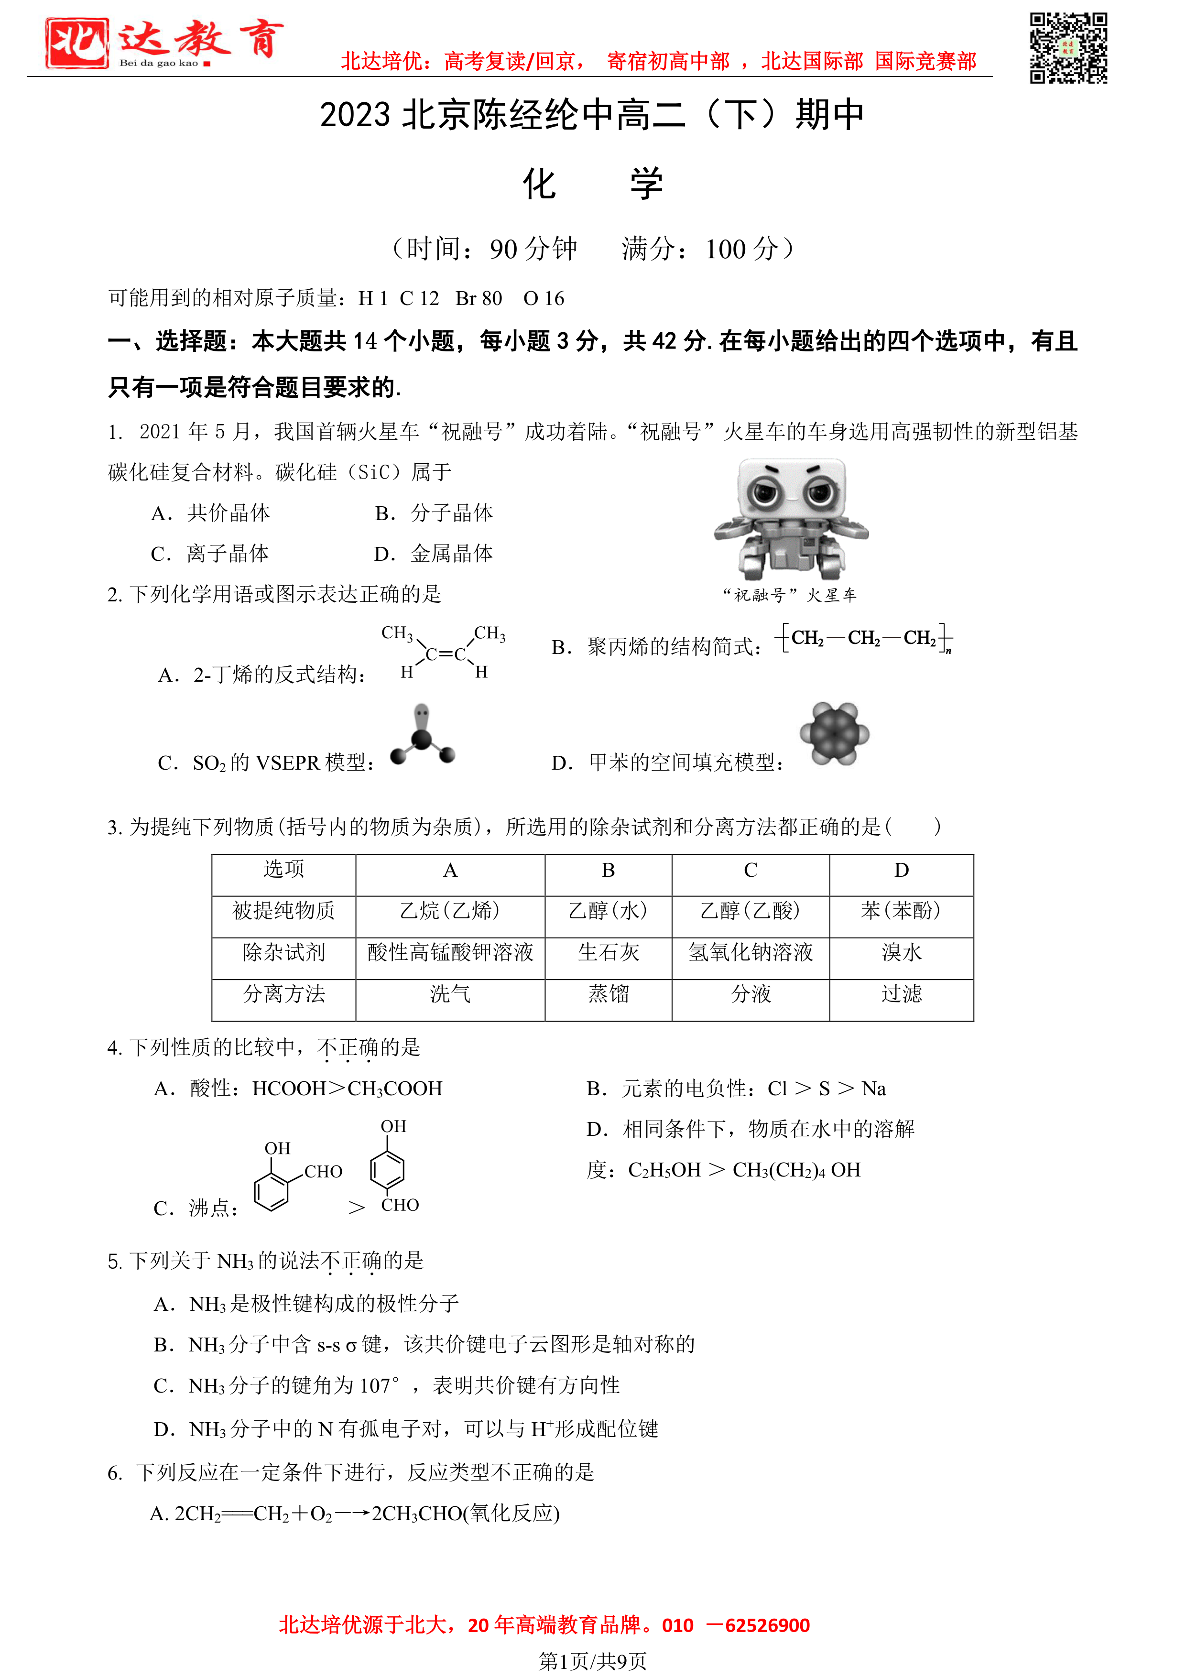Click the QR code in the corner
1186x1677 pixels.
(x=1068, y=48)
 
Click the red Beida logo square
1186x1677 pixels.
(x=76, y=43)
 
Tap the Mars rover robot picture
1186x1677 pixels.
(x=791, y=519)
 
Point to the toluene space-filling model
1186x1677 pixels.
(x=834, y=733)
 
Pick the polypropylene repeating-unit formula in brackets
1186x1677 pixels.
(x=863, y=638)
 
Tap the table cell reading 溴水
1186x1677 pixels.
(x=901, y=952)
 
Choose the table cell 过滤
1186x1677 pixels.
(x=901, y=994)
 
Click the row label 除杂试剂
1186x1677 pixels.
(x=283, y=952)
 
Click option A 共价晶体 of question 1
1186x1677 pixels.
(x=211, y=513)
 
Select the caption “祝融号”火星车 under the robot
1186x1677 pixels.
(x=789, y=595)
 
